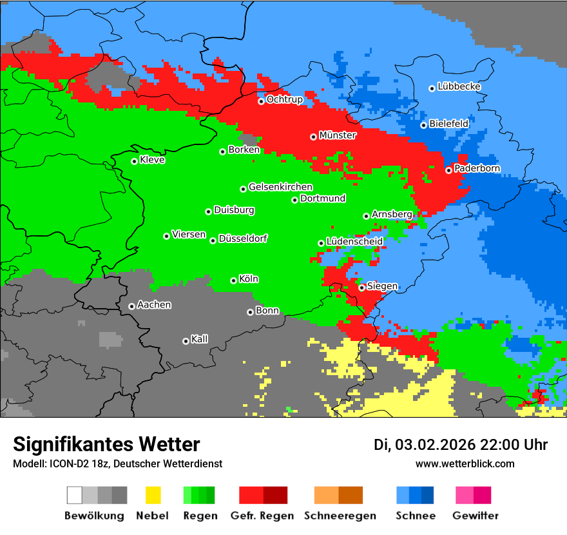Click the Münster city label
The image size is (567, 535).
tap(338, 135)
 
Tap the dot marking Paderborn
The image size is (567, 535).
tap(448, 170)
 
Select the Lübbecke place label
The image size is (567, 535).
tap(459, 86)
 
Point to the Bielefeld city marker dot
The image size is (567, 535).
tap(423, 125)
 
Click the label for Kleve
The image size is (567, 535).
tap(153, 160)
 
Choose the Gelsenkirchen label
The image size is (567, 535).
tap(280, 187)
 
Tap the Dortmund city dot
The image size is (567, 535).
tap(294, 200)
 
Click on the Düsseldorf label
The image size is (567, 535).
tap(243, 238)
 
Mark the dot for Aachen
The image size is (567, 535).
tap(131, 306)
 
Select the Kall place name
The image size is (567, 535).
tap(200, 339)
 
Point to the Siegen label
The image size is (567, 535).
tap(382, 286)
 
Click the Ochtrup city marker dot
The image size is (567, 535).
tap(261, 101)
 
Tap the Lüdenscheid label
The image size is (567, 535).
tap(354, 241)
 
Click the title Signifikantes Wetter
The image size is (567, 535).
tap(106, 444)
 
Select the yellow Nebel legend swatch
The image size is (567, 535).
tap(153, 495)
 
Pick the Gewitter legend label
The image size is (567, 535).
tap(476, 516)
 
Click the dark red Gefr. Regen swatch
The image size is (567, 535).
tap(275, 495)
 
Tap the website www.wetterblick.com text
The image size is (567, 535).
tap(465, 463)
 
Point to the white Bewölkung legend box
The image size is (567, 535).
tap(75, 495)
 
